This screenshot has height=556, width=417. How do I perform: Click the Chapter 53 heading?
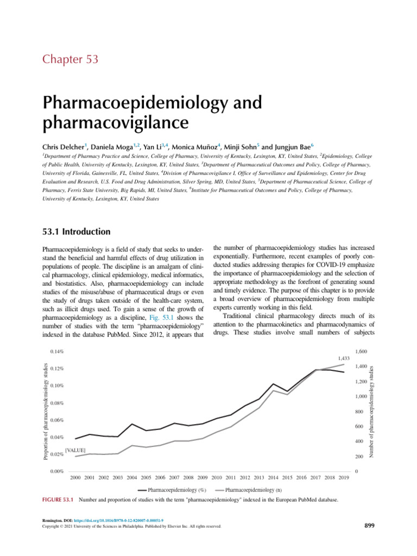tap(70, 59)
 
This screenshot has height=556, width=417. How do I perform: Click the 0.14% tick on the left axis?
tap(56, 352)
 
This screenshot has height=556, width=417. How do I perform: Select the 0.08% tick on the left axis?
tap(56, 403)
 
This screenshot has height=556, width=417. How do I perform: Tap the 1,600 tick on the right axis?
tap(362, 352)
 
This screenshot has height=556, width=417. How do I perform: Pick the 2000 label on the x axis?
tap(76, 477)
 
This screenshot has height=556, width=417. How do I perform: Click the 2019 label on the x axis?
tap(343, 477)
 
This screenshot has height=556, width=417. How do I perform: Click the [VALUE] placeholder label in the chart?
tap(75, 451)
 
